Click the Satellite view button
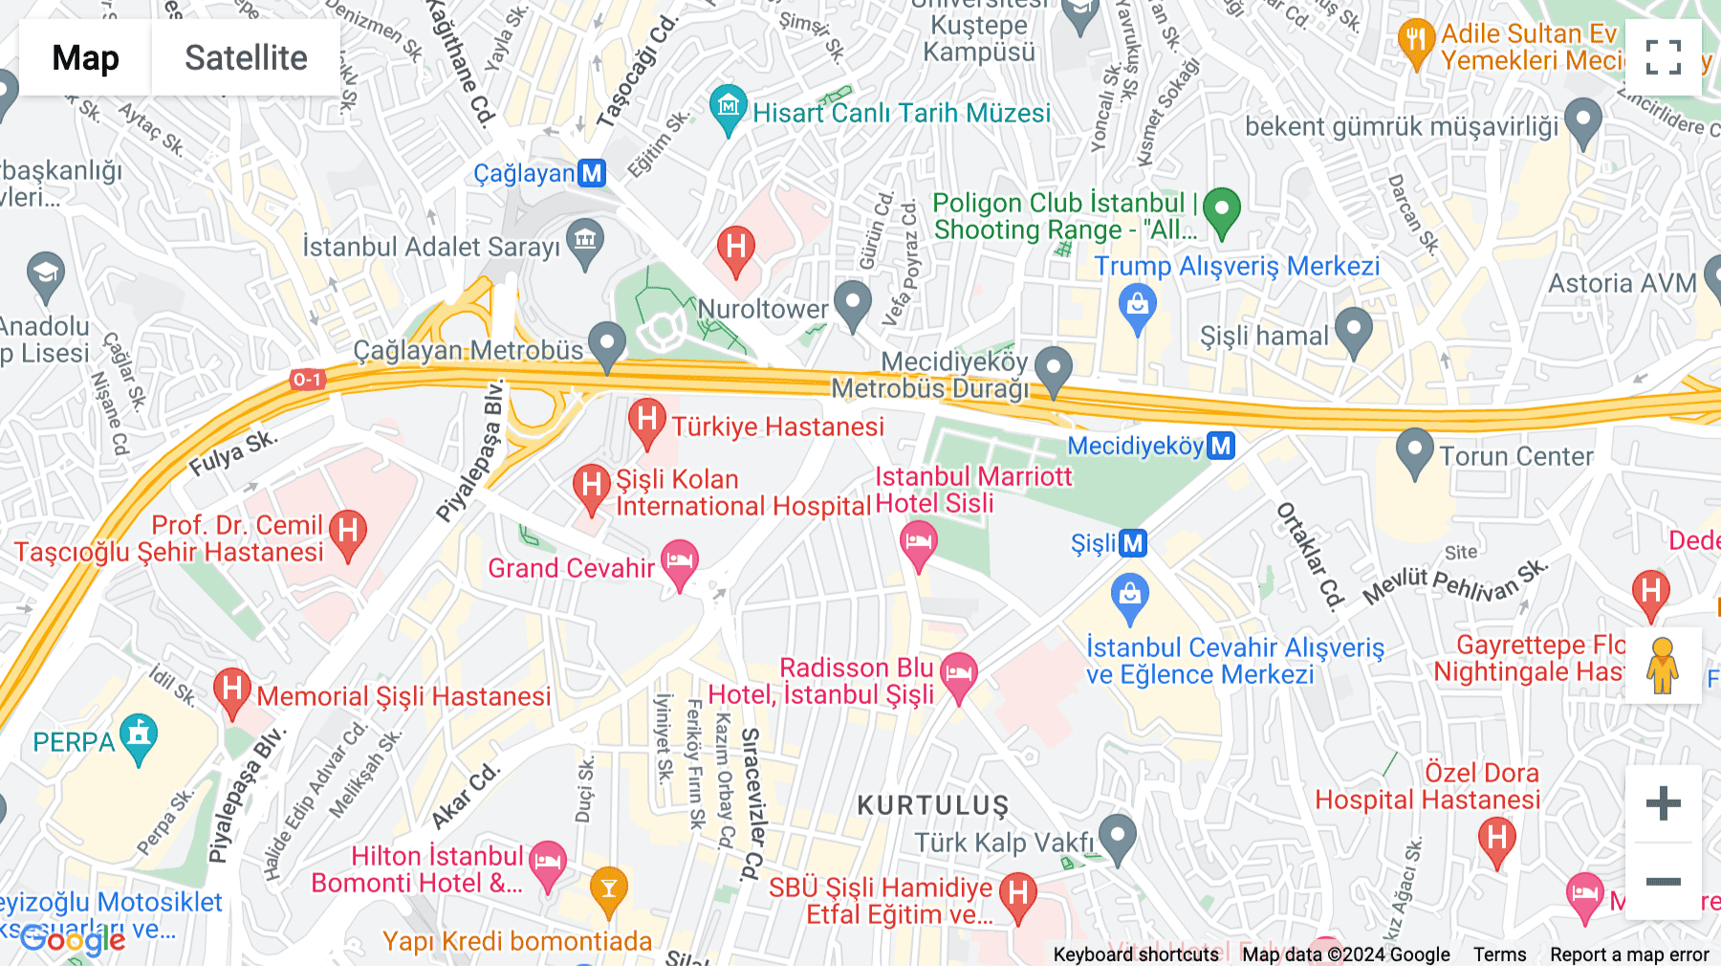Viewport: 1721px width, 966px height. [246, 58]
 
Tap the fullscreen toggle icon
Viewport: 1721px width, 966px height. [1663, 57]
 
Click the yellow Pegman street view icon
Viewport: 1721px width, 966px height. [1663, 666]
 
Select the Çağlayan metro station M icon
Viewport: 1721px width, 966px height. [593, 173]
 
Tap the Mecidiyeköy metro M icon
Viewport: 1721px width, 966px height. [1221, 446]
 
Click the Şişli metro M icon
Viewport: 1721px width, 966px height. [1132, 543]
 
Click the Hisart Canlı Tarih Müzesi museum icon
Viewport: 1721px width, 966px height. [729, 107]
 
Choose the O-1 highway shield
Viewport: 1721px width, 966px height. [307, 380]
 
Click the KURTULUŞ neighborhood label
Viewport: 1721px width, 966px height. [932, 805]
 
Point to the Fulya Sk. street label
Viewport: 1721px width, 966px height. [232, 453]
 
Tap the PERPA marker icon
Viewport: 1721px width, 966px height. [140, 736]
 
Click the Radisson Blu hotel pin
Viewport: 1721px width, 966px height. [959, 674]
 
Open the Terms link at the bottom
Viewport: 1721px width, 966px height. [1499, 954]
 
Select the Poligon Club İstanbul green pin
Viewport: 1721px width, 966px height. [1221, 209]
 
